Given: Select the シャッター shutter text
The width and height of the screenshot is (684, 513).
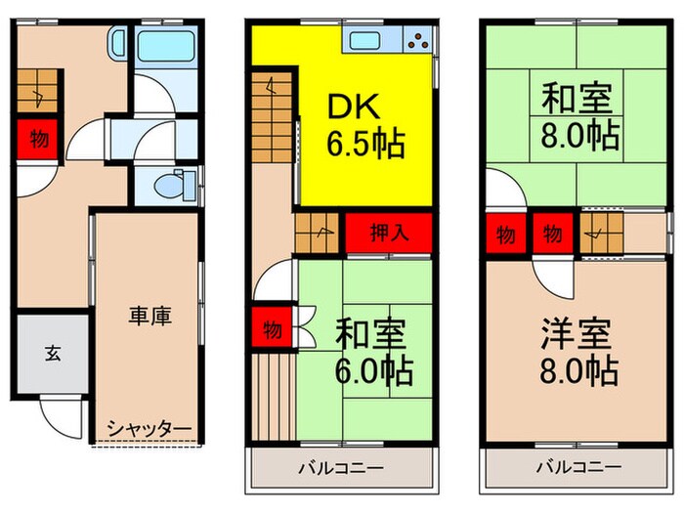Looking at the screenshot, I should (149, 427).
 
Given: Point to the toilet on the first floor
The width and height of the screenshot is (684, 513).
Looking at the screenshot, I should (171, 183).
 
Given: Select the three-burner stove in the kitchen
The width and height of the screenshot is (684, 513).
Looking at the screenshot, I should (416, 41).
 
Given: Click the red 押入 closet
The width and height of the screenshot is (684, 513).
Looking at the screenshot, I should (389, 234).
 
